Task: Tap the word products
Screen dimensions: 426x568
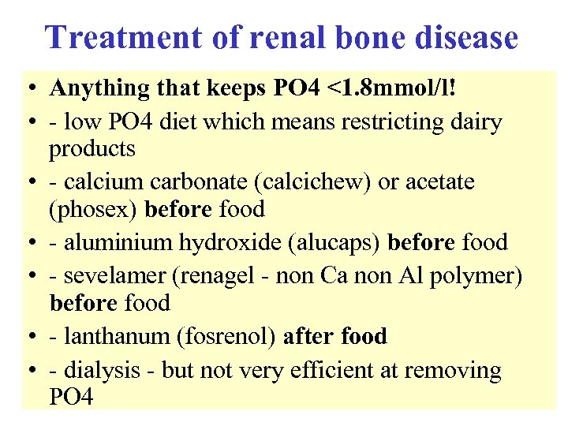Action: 92,148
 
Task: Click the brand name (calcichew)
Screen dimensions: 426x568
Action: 314,182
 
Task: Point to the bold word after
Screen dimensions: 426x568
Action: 308,336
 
